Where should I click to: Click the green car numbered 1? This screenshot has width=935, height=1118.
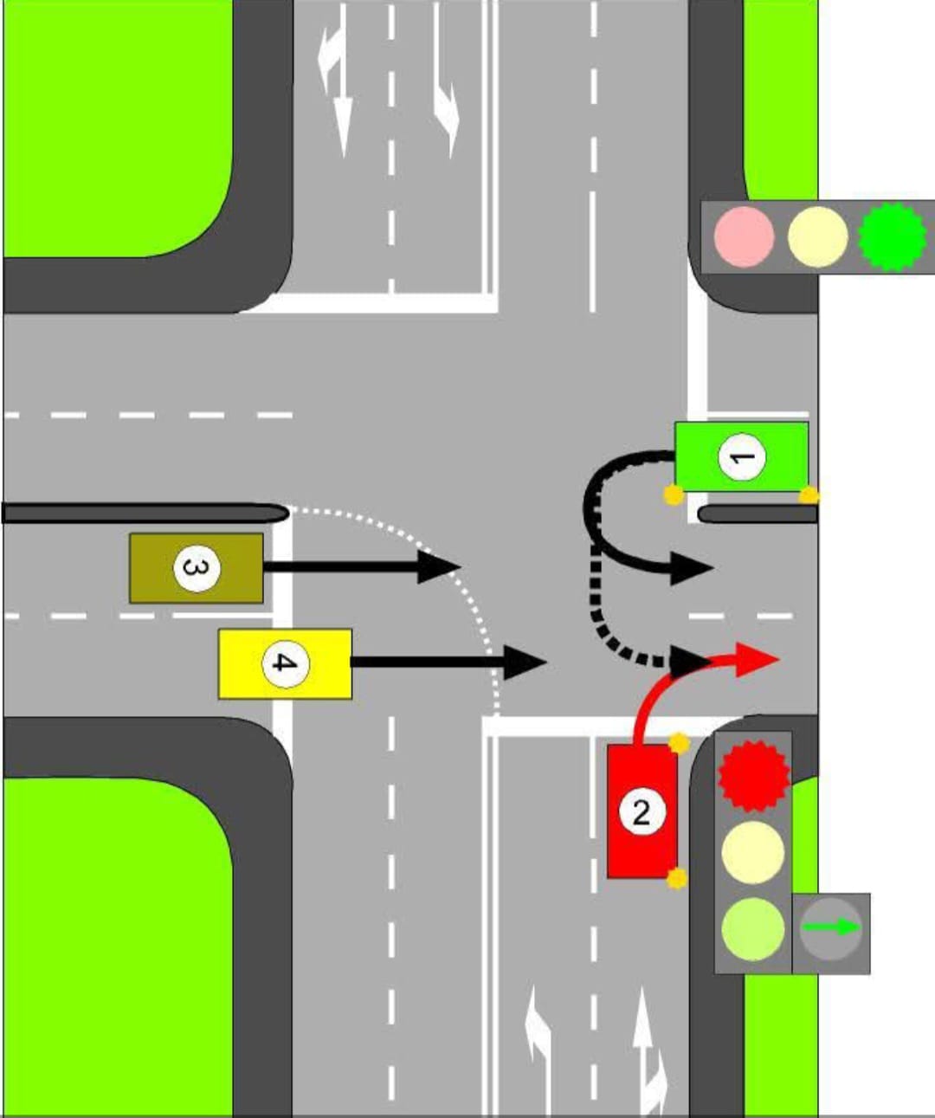[x=741, y=456]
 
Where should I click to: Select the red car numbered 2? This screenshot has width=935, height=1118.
[x=642, y=811]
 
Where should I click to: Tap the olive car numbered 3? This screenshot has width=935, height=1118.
[x=197, y=568]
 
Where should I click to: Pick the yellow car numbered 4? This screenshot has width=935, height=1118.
[x=285, y=663]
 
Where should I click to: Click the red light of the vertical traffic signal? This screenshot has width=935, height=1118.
[x=753, y=773]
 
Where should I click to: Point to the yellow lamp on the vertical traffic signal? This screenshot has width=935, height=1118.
[x=753, y=851]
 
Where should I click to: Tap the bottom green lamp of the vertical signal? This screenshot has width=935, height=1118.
[x=753, y=928]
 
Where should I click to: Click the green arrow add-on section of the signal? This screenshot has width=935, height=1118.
[x=831, y=928]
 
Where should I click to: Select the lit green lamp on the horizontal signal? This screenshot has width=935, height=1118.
[x=892, y=236]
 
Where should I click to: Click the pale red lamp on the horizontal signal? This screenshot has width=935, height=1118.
[x=744, y=236]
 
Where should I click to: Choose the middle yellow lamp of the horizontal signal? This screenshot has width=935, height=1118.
[x=817, y=236]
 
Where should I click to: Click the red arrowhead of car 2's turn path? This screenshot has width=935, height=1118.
[x=758, y=658]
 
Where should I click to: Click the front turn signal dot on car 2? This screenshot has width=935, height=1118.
[x=679, y=743]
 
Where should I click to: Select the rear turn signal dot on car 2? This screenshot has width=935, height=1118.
[x=677, y=879]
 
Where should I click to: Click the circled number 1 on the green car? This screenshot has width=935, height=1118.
[x=742, y=456]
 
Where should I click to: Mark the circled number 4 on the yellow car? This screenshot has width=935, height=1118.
[x=285, y=663]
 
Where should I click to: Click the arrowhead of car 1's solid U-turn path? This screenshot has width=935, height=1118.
[x=693, y=569]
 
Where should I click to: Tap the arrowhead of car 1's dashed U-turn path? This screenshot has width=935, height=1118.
[x=690, y=662]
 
